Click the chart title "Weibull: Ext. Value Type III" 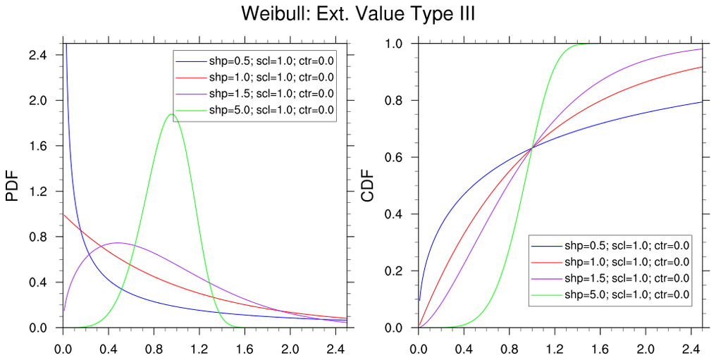358,14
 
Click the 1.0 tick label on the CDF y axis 400,44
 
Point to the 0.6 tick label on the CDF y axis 400,157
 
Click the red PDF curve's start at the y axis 64,214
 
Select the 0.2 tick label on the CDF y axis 400,271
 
